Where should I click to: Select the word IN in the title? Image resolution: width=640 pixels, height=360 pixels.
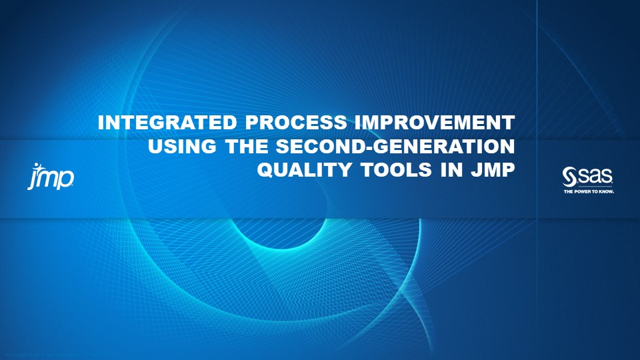tap(445, 170)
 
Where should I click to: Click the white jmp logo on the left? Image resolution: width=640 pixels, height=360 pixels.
tap(51, 177)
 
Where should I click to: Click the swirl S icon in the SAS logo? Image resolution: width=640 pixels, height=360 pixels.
tap(570, 176)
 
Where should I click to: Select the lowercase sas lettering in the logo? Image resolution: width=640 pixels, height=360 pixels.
tap(595, 177)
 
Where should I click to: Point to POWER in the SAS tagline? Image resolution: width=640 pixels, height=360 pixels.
tap(583, 191)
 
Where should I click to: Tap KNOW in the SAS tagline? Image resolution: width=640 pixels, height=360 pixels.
tap(606, 191)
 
